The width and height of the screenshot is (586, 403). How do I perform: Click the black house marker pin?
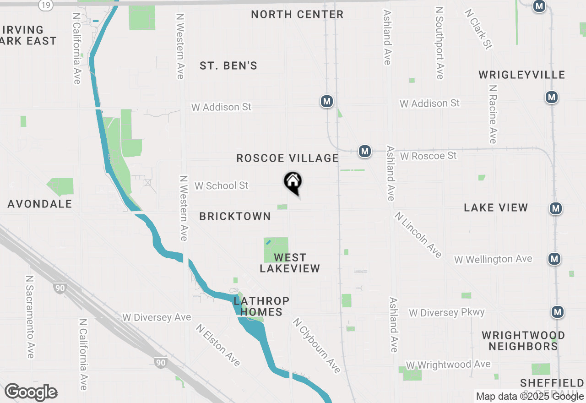293,182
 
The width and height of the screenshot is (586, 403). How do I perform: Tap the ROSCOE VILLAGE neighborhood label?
288,158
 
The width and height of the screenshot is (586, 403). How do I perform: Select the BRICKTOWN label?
235,216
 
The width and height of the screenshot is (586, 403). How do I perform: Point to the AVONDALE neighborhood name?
40,204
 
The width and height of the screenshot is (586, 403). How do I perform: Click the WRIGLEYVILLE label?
522,75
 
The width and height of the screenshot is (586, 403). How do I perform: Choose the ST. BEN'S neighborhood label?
228,66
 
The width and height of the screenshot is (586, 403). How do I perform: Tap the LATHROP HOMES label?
261,306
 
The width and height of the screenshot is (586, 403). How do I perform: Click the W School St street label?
222,185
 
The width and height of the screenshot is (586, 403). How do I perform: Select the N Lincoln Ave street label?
418,234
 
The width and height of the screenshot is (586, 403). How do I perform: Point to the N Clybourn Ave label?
317,346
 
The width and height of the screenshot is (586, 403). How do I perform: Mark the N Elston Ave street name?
218,345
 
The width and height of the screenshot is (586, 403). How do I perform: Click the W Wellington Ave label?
493,259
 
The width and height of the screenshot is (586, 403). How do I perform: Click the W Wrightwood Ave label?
448,365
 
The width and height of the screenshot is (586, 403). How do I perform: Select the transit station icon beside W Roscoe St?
365,151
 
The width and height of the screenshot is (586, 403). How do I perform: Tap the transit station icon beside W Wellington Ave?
555,259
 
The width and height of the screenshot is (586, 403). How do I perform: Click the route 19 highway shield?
45,5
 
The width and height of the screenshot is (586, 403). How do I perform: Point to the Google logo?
31,392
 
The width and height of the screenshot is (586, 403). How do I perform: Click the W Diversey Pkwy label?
447,313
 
